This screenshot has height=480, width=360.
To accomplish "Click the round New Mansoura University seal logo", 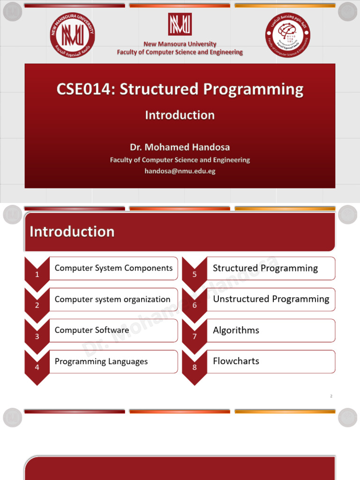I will [x=72, y=34].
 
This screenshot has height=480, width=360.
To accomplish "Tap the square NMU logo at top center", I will [x=180, y=24].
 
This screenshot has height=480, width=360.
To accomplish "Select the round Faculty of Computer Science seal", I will [x=288, y=35].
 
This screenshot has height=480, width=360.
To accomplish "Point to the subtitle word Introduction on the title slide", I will [x=180, y=115].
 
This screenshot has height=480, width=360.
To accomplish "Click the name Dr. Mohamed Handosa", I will [x=180, y=147].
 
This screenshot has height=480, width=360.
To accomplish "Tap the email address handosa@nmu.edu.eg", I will [x=180, y=171].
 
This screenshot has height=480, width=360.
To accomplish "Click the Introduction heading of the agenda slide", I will [x=72, y=232].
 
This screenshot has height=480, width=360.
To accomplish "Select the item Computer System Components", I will [x=113, y=268].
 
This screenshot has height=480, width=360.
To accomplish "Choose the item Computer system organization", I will [x=112, y=299].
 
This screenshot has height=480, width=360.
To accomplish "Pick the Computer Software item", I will [x=92, y=330].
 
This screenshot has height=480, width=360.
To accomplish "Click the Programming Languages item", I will [x=101, y=361].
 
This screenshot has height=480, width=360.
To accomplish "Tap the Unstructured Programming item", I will [x=271, y=299].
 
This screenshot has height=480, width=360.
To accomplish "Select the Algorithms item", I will [x=236, y=330].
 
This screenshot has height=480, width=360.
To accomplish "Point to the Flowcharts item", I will [x=236, y=361].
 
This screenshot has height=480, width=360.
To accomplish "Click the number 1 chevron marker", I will [x=37, y=274].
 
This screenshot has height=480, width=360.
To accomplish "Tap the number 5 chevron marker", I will [x=195, y=274].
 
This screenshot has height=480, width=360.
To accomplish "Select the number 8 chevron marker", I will [x=195, y=367].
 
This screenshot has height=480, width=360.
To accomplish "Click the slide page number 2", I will [x=331, y=396].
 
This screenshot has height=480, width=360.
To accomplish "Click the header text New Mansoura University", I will [x=180, y=44].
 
